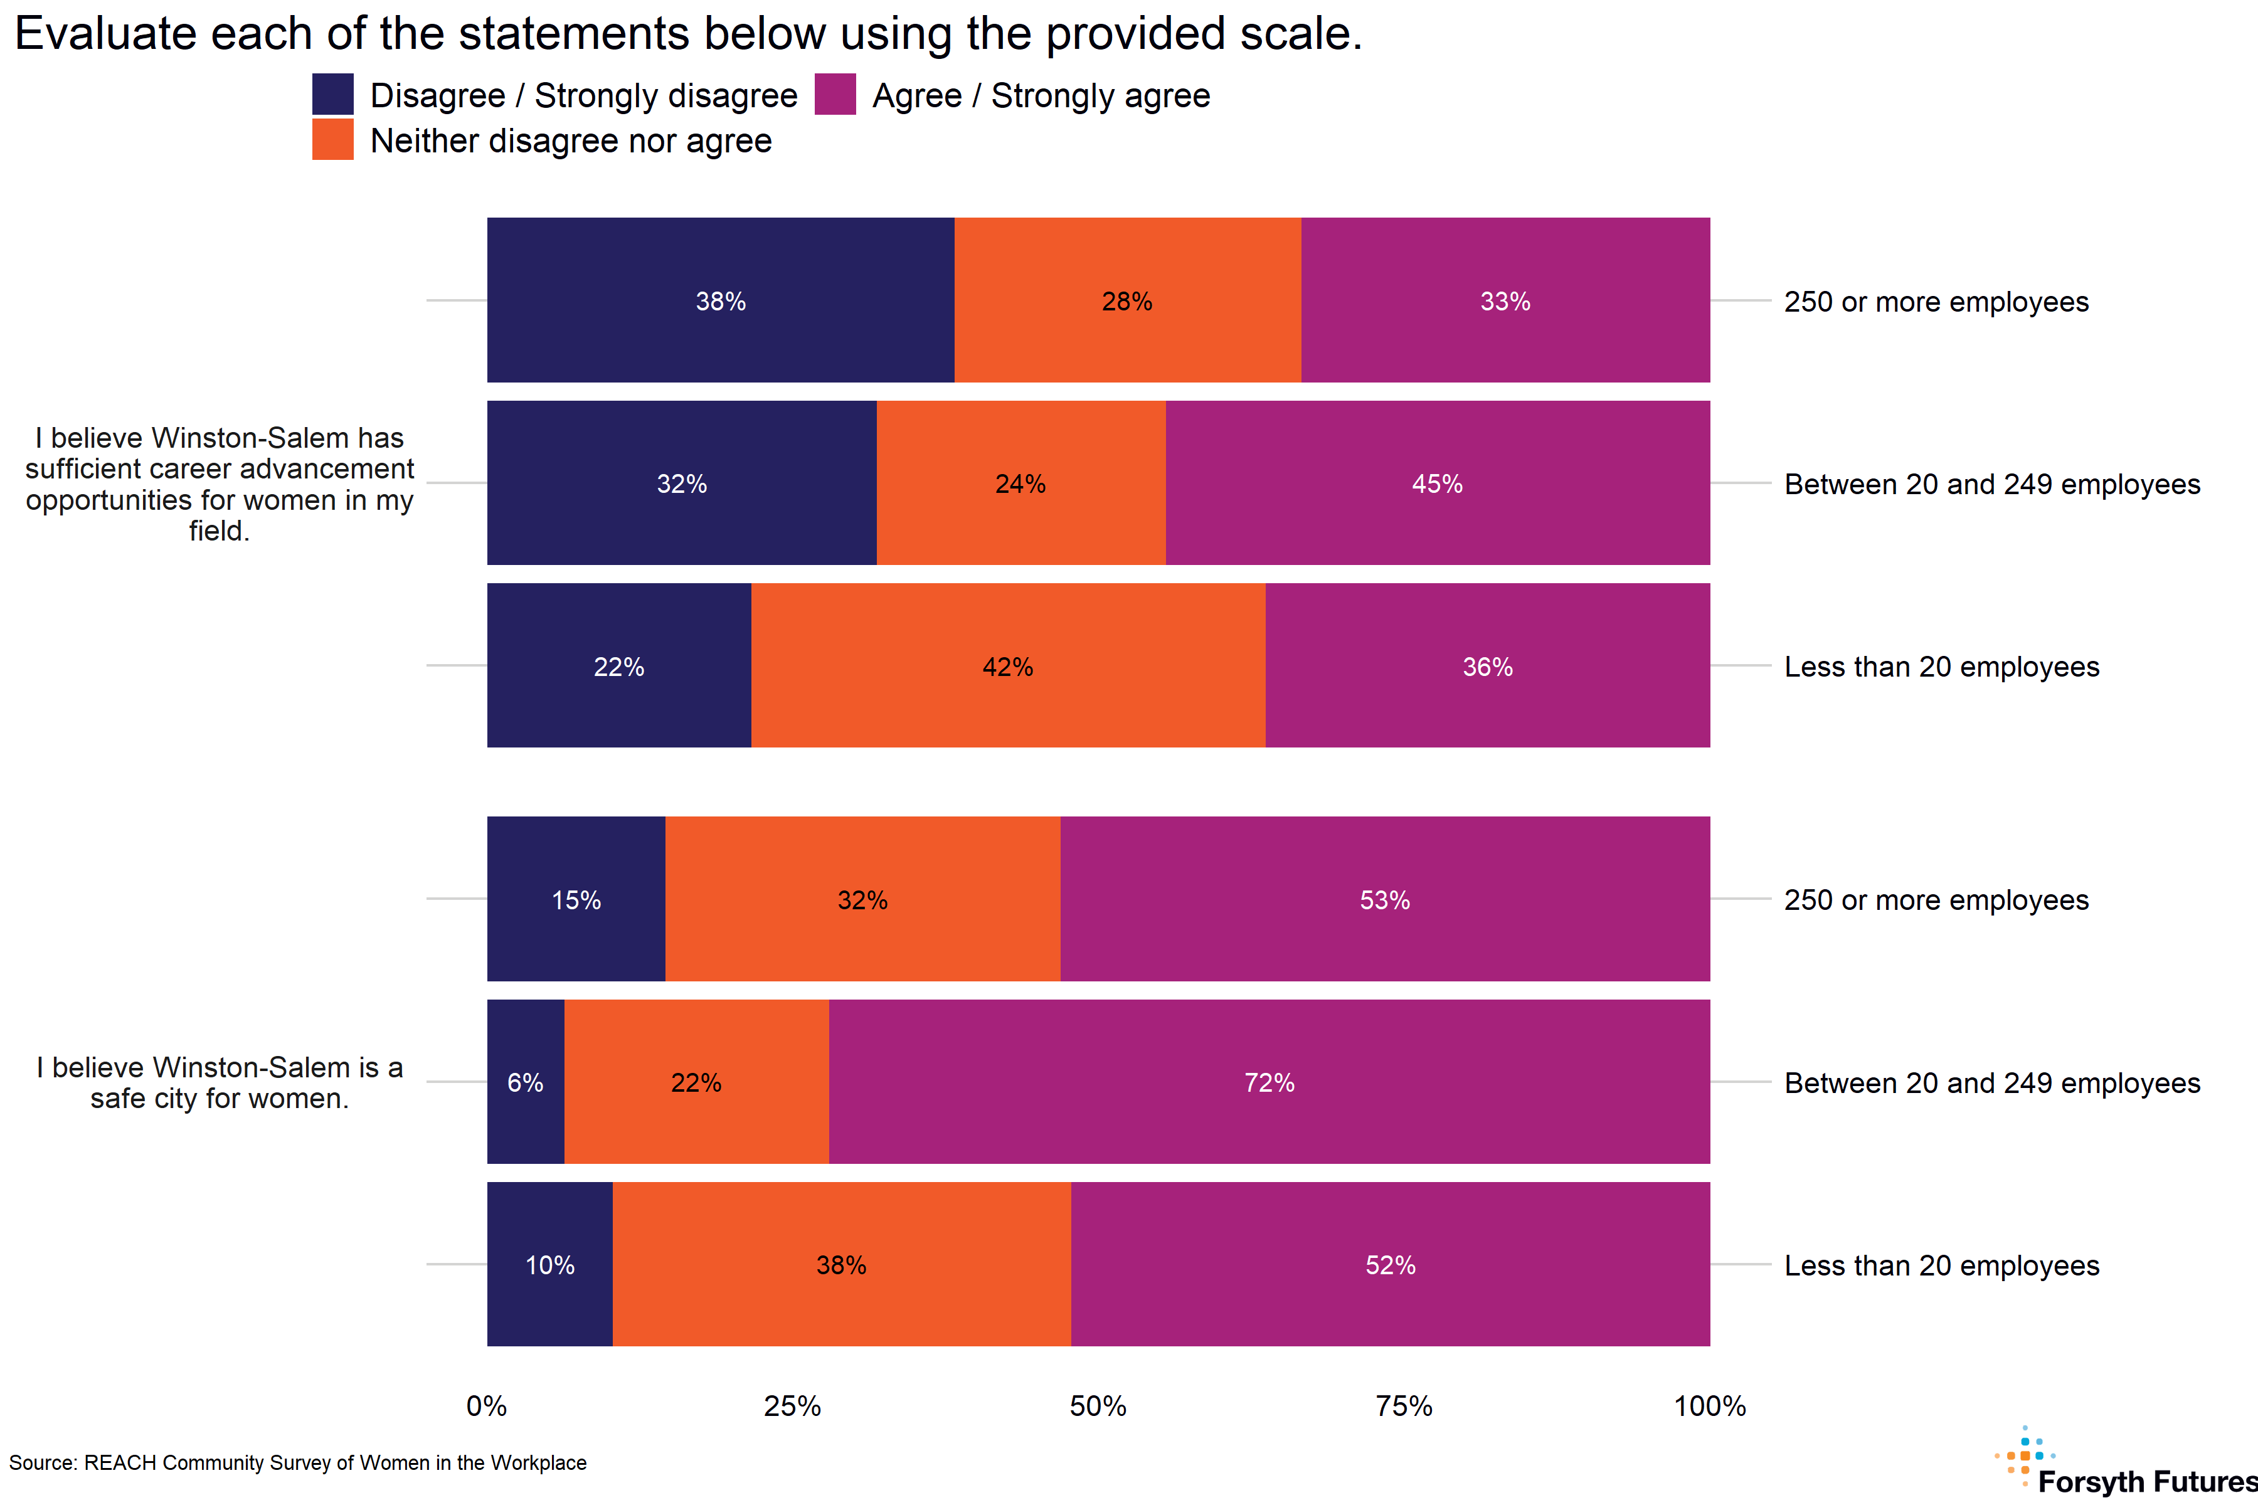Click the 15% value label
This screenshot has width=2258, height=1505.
(x=576, y=900)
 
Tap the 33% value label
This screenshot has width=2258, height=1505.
(x=1504, y=302)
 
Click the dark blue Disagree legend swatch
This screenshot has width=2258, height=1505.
(x=332, y=94)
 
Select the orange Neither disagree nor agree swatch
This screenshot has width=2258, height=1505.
(x=332, y=139)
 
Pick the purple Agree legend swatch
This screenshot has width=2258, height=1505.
(x=834, y=94)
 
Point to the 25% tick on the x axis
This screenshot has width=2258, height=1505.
(x=792, y=1406)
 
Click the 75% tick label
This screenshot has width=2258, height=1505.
(x=1404, y=1406)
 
